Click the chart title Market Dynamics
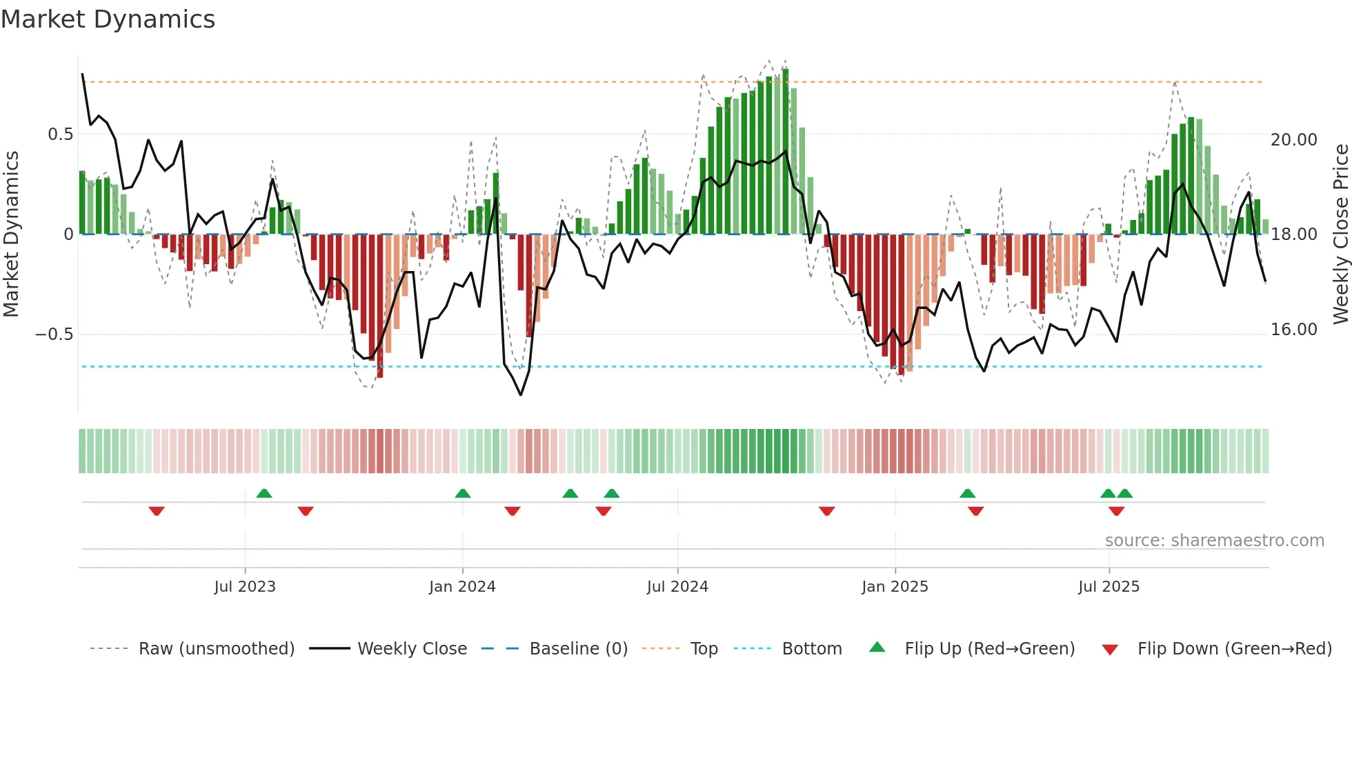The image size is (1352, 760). pyautogui.click(x=108, y=19)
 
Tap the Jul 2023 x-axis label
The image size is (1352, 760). pyautogui.click(x=244, y=587)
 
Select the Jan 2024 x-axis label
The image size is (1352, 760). pyautogui.click(x=461, y=587)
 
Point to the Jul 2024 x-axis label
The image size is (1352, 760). pyautogui.click(x=677, y=587)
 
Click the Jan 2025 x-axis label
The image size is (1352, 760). pyautogui.click(x=895, y=587)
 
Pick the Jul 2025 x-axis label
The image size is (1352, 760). pyautogui.click(x=1109, y=587)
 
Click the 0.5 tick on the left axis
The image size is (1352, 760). pyautogui.click(x=60, y=134)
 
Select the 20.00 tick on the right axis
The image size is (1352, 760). pyautogui.click(x=1293, y=140)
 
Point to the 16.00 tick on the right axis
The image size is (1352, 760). pyautogui.click(x=1293, y=330)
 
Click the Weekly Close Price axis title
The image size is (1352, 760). pyautogui.click(x=1340, y=234)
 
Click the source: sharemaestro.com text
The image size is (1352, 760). pyautogui.click(x=1214, y=541)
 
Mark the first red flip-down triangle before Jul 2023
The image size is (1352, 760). pyautogui.click(x=157, y=511)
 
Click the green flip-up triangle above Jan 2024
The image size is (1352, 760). pyautogui.click(x=463, y=493)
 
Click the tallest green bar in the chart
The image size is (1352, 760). pyautogui.click(x=785, y=152)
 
